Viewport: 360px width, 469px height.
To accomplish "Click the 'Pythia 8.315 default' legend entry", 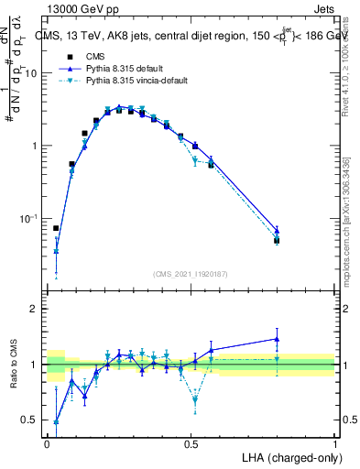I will [129, 69].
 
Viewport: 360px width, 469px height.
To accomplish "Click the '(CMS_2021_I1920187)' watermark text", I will [191, 273].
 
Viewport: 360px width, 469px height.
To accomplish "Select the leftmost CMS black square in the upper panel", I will [56, 228].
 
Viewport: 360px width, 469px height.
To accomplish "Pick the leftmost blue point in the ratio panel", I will [56, 421].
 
